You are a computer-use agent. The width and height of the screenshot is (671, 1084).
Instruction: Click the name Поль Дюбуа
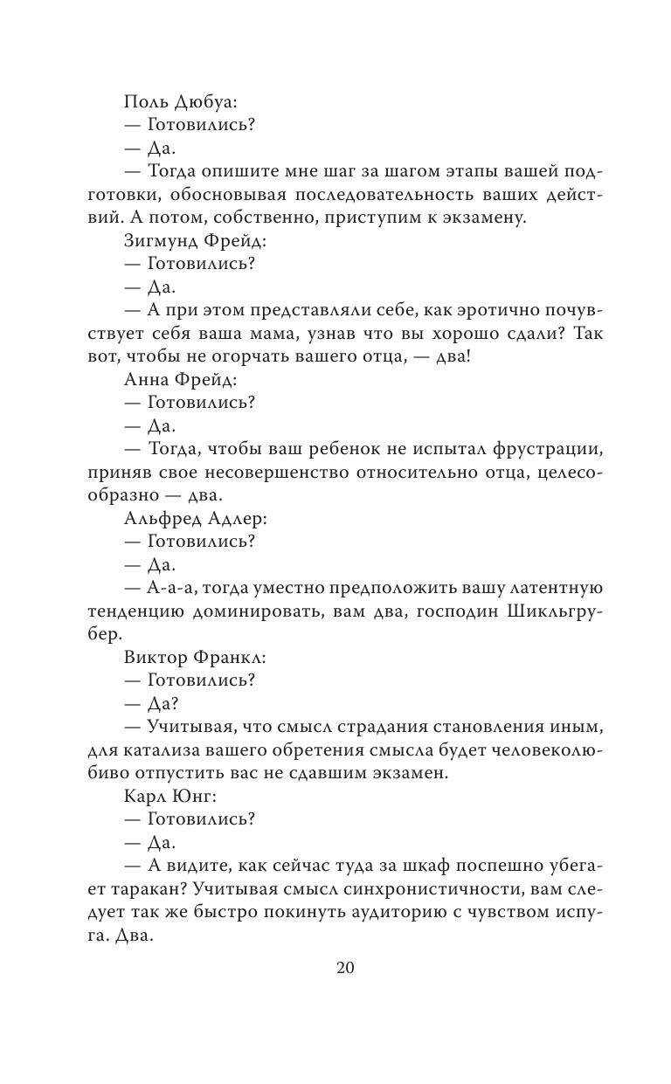pos(176,102)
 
